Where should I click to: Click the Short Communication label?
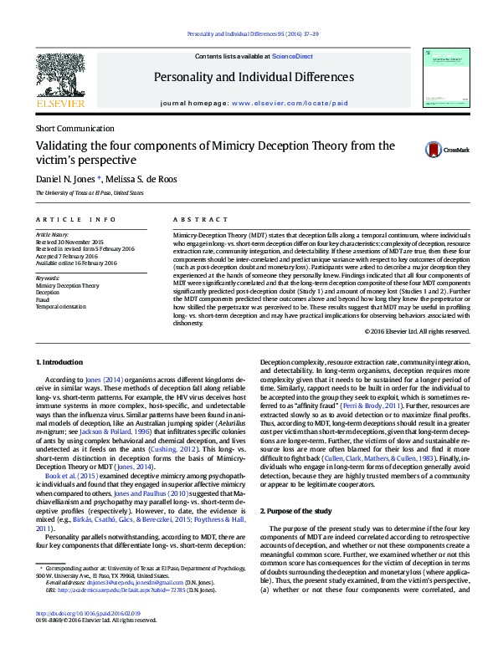73,128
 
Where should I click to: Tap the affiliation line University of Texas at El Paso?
89,193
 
